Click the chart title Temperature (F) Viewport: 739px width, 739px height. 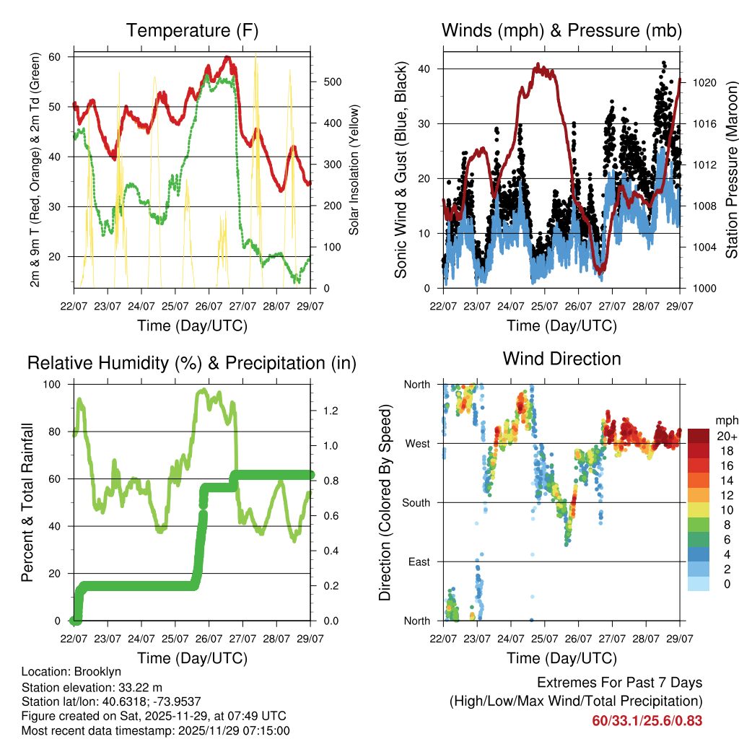click(x=192, y=30)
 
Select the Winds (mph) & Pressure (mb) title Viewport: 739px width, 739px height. click(x=561, y=30)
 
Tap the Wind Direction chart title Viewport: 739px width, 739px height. click(x=561, y=359)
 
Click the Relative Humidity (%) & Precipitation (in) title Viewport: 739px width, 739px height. click(x=192, y=363)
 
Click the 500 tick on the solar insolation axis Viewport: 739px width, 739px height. click(x=331, y=82)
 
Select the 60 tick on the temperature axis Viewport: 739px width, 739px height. click(x=61, y=56)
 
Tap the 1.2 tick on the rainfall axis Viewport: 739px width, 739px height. click(x=331, y=411)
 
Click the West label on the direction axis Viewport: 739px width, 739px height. click(x=418, y=444)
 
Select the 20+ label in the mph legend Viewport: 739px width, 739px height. click(x=726, y=436)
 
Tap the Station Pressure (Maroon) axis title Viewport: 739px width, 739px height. click(x=731, y=170)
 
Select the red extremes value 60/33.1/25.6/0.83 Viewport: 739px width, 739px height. click(x=647, y=720)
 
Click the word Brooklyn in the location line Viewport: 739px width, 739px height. click(x=95, y=672)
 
